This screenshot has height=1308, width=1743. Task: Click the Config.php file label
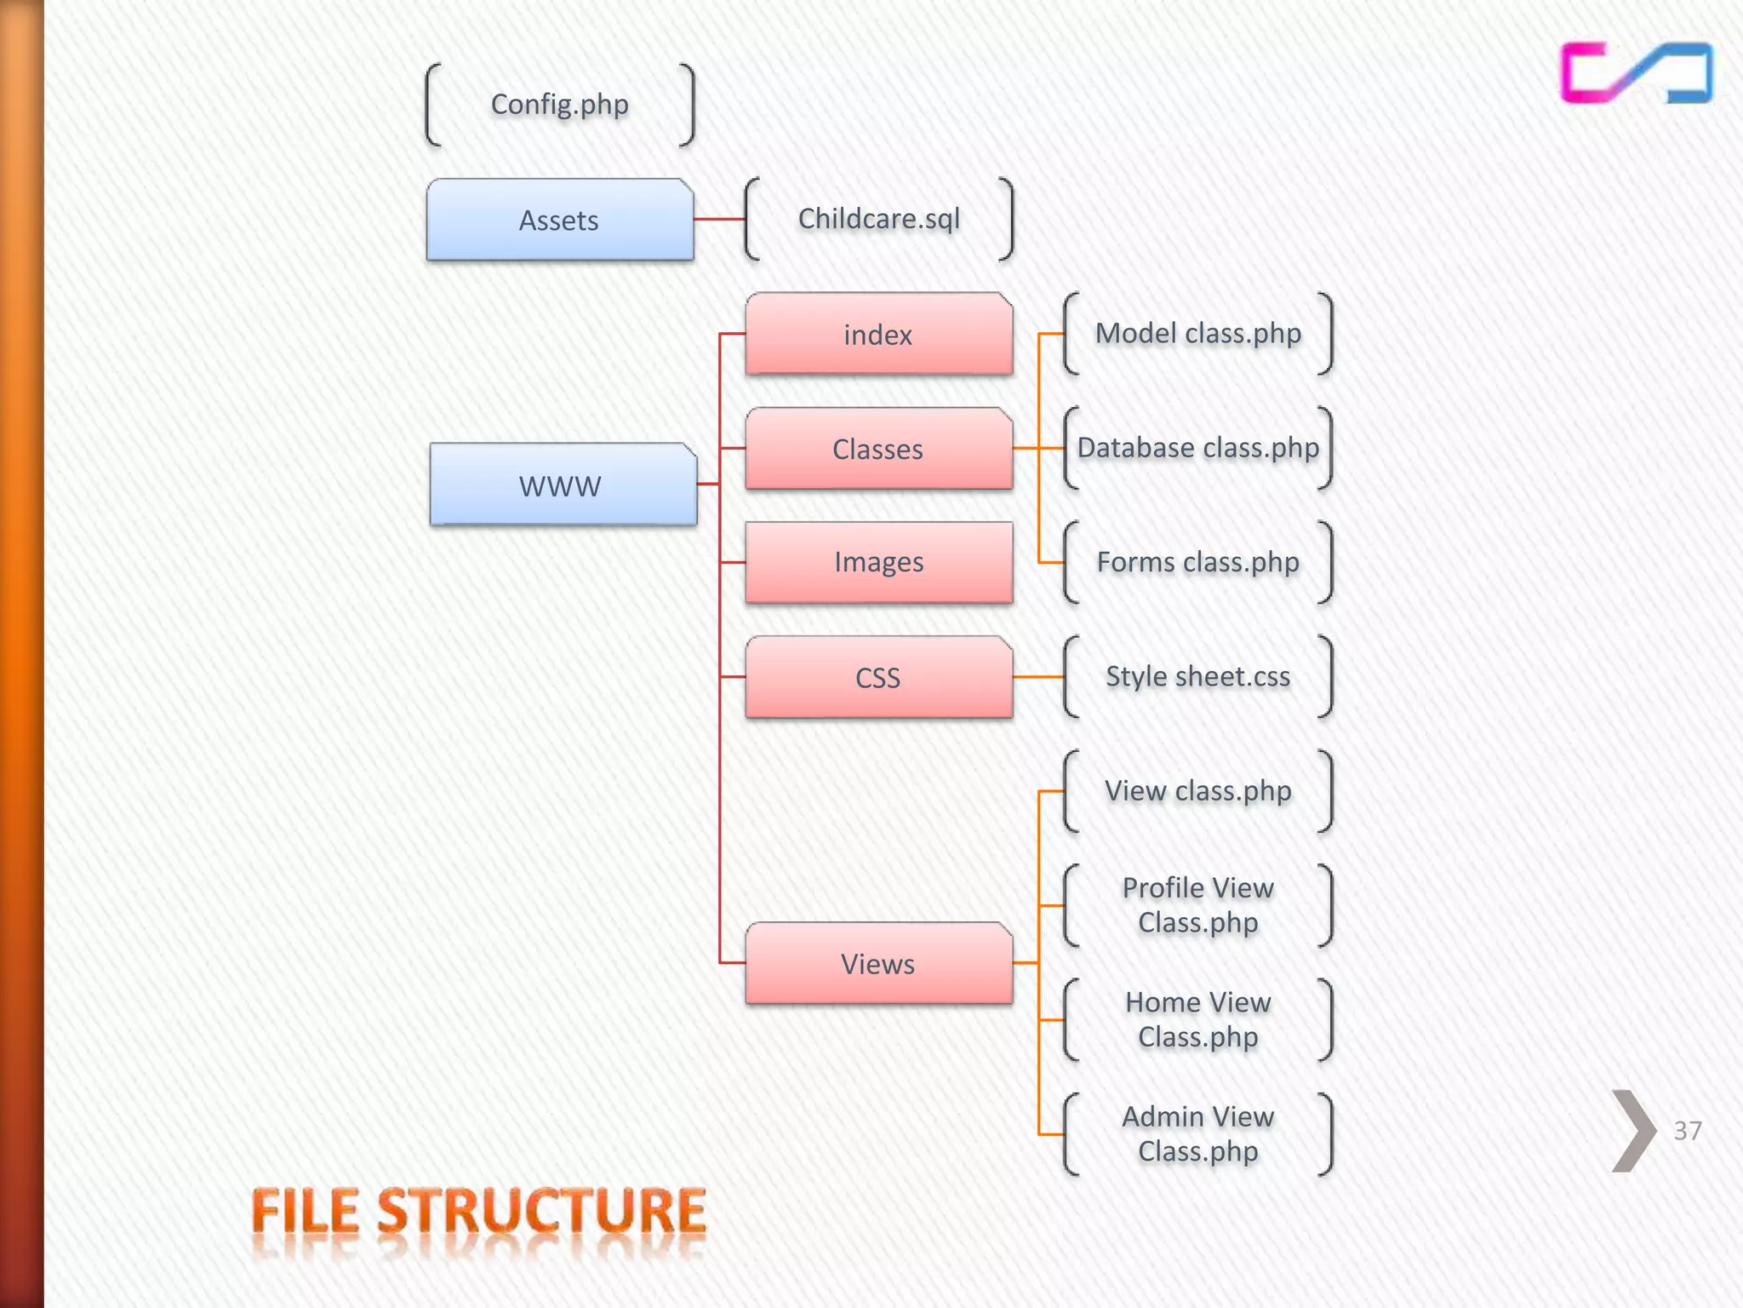pyautogui.click(x=559, y=105)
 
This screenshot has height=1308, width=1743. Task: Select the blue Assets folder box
pyautogui.click(x=559, y=220)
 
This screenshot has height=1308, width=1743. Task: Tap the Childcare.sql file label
pyautogui.click(x=878, y=219)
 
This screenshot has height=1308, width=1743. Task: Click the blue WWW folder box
pyautogui.click(x=562, y=485)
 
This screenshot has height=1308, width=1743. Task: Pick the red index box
pyautogui.click(x=878, y=334)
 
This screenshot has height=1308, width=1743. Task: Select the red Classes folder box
pyautogui.click(x=878, y=449)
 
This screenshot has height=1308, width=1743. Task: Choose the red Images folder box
pyautogui.click(x=878, y=562)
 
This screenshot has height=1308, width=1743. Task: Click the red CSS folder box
pyautogui.click(x=878, y=677)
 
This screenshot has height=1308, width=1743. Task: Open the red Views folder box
pyautogui.click(x=878, y=963)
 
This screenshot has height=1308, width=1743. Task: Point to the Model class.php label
pyautogui.click(x=1197, y=333)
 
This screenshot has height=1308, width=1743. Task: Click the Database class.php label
pyautogui.click(x=1197, y=448)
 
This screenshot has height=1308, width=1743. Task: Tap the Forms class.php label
pyautogui.click(x=1197, y=562)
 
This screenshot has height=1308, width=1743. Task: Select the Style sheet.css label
pyautogui.click(x=1197, y=676)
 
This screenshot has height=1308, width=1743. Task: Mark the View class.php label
pyautogui.click(x=1197, y=791)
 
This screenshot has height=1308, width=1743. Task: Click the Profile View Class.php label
pyautogui.click(x=1197, y=905)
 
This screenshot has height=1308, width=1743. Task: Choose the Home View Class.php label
pyautogui.click(x=1197, y=1019)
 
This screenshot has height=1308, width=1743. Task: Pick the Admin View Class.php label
pyautogui.click(x=1197, y=1133)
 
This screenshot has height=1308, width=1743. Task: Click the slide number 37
pyautogui.click(x=1687, y=1131)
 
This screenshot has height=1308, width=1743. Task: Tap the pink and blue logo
pyautogui.click(x=1635, y=73)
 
